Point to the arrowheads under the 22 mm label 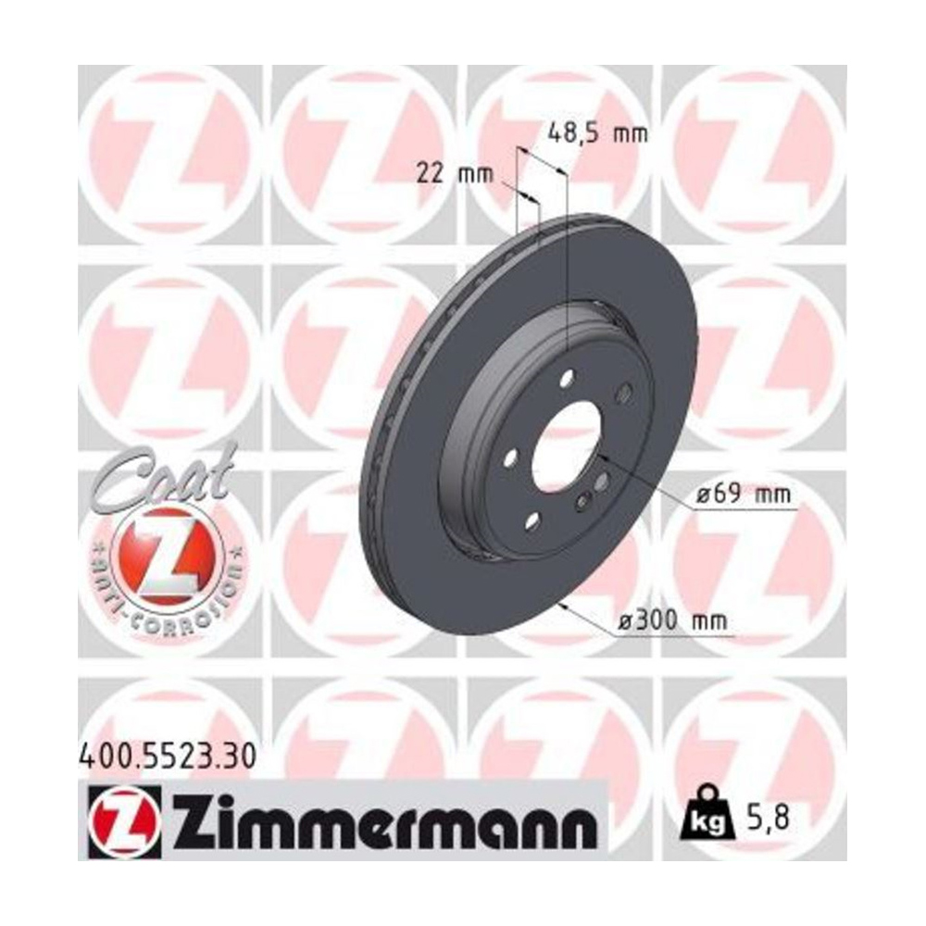coord(527,197)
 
